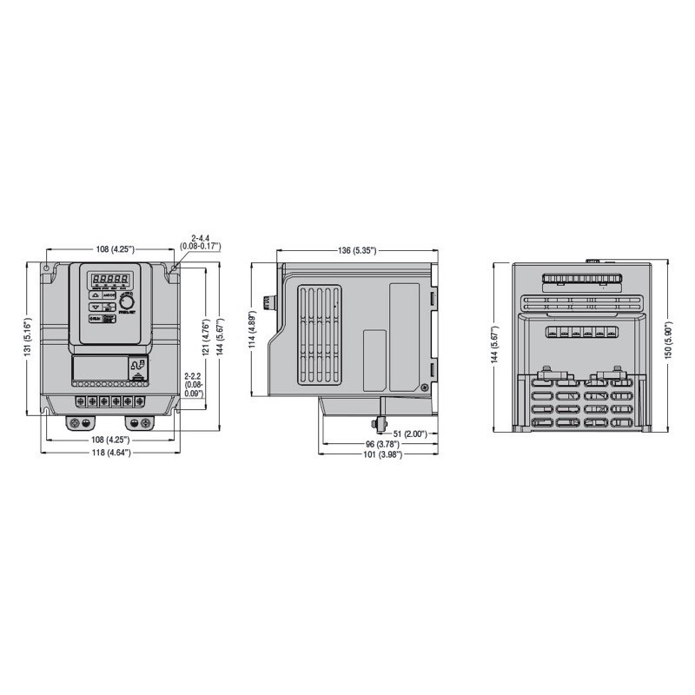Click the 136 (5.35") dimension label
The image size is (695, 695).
[x=356, y=251]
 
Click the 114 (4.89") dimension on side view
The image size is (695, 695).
[x=253, y=329]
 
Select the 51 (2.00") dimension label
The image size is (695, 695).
[x=407, y=434]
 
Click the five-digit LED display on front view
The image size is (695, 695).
[x=110, y=280]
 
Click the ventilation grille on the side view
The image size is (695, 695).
[x=317, y=335]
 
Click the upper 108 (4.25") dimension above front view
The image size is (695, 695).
[x=113, y=249]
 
